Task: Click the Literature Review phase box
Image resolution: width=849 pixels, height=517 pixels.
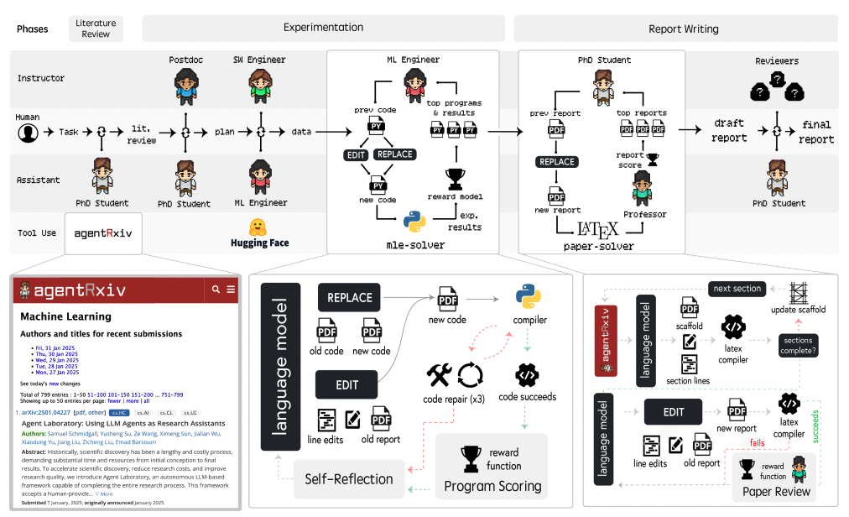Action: click(x=96, y=29)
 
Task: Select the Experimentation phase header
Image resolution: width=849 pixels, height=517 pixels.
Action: click(x=323, y=29)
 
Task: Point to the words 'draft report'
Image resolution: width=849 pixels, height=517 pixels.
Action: click(x=729, y=131)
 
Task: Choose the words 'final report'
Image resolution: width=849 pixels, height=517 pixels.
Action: click(x=816, y=131)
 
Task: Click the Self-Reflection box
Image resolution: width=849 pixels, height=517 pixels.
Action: click(x=348, y=479)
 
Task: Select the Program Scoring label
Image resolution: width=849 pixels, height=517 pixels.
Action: click(x=492, y=485)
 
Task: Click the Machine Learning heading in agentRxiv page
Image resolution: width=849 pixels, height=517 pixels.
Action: click(x=65, y=316)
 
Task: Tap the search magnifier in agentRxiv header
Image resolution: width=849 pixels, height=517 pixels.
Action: click(x=216, y=290)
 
